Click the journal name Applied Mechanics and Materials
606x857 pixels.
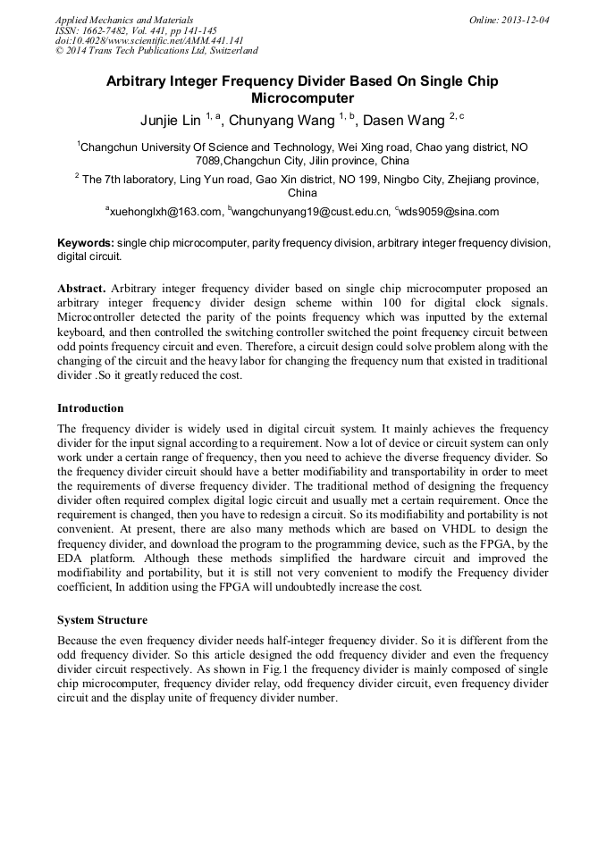(x=124, y=20)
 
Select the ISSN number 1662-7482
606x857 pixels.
(x=106, y=30)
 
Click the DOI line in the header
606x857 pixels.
(x=149, y=41)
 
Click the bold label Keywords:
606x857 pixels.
(x=86, y=242)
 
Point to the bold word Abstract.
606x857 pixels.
(x=81, y=289)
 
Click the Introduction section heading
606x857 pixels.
(x=90, y=408)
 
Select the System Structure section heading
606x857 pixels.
(x=102, y=619)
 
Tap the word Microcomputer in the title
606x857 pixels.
(x=303, y=98)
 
